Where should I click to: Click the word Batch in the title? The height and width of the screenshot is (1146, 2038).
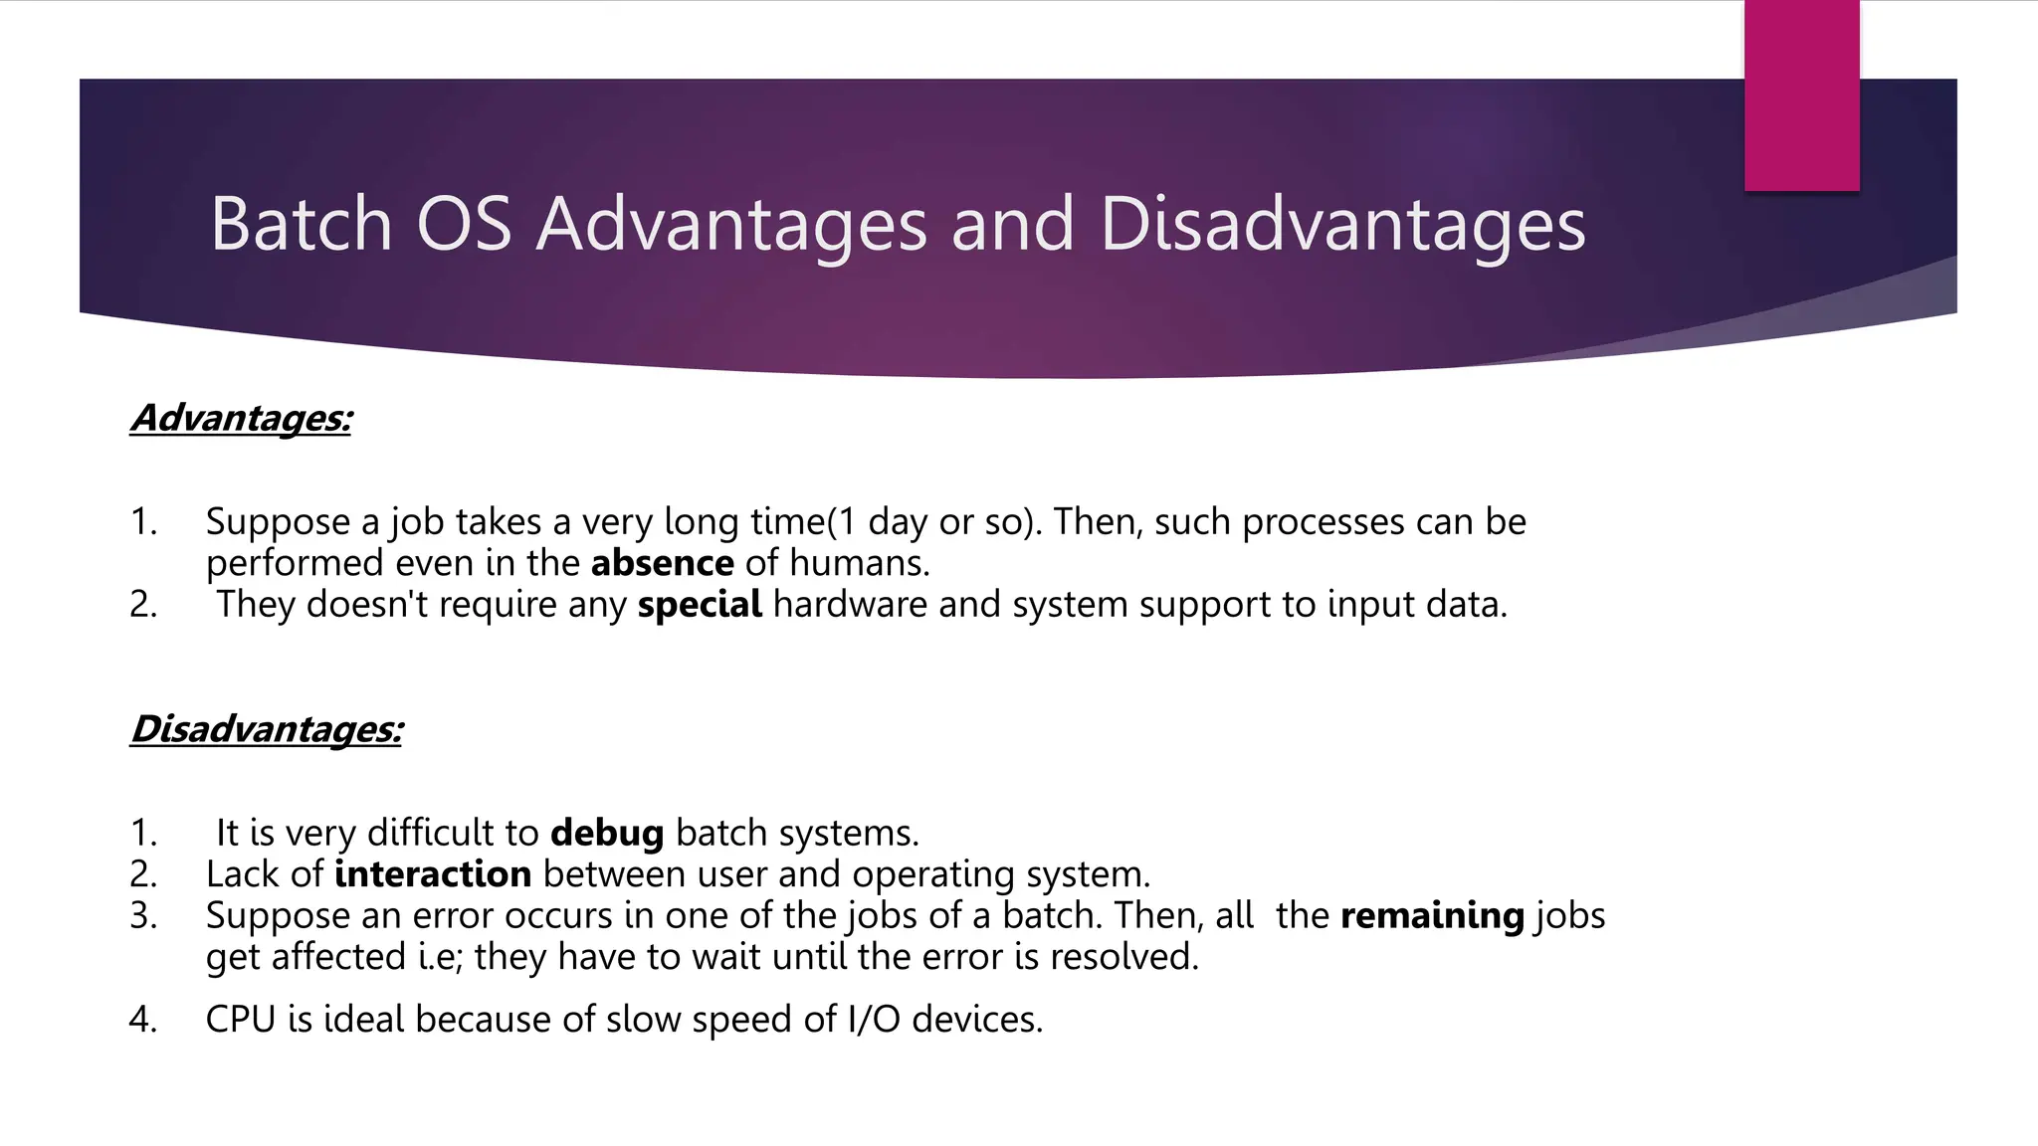301,225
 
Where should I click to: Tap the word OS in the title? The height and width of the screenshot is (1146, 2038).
464,225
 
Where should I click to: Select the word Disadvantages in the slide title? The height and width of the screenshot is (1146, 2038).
1342,225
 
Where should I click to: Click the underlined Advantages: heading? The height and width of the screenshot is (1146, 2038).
241,418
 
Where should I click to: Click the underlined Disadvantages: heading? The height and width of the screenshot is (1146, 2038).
267,729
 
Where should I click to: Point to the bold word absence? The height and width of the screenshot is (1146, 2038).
662,563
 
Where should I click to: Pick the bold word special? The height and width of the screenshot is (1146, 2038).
700,605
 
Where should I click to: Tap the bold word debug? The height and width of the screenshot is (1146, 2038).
607,833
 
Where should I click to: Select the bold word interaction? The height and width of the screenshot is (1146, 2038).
433,874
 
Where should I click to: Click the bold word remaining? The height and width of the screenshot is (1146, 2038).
1432,915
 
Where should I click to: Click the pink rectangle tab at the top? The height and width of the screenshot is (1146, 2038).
1801,95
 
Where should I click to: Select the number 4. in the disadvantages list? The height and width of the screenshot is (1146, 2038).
143,1020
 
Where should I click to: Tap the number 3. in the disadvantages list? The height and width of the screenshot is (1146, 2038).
143,915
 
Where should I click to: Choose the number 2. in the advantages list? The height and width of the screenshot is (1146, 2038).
143,605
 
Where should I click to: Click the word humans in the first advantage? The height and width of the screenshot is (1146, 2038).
859,563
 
